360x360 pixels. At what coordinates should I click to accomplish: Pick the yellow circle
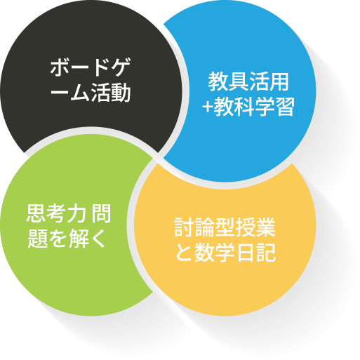[225, 239]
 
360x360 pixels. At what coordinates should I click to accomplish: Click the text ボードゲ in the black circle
[91, 67]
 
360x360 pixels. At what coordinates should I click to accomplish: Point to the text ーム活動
[91, 93]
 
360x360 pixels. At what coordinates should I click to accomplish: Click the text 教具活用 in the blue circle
[248, 81]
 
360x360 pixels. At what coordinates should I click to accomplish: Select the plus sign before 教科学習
[208, 107]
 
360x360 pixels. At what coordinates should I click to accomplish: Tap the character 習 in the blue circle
[284, 107]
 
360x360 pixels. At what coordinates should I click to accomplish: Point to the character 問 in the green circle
[101, 213]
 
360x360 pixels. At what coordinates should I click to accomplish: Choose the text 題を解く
[67, 238]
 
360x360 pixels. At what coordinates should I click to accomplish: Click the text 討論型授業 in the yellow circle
[225, 227]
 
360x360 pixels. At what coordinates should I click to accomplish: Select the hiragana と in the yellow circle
[184, 252]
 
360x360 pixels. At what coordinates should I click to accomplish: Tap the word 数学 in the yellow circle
[215, 252]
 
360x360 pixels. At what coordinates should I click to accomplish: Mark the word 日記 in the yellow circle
[256, 252]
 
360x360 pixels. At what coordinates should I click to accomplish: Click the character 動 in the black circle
[121, 93]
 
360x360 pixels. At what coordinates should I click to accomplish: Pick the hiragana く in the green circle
[98, 238]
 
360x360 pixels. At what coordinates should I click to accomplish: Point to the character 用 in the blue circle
[279, 81]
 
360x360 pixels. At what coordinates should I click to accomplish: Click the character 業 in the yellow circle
[266, 227]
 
